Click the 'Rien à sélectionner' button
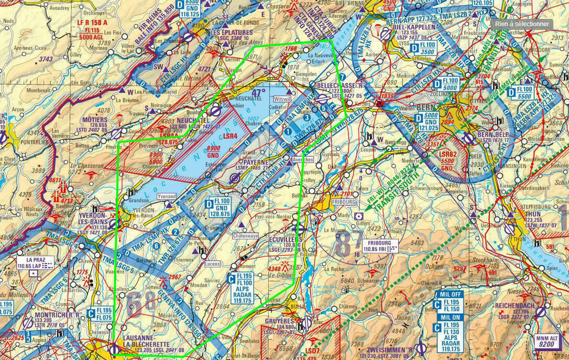[x=522, y=24]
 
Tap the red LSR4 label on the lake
[x=230, y=137]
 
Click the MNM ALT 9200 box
[x=549, y=342]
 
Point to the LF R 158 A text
[x=92, y=23]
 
